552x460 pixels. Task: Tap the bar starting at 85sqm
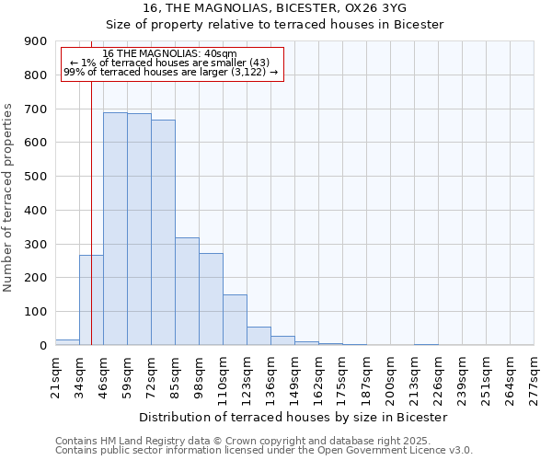pos(187,291)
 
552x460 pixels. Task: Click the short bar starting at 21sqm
pos(67,342)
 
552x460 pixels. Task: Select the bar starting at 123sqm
pos(259,336)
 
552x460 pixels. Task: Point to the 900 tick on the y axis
pos(36,41)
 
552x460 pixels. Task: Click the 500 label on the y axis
pos(36,177)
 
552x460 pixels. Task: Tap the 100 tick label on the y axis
pos(36,312)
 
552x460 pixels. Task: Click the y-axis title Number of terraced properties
pos(9,198)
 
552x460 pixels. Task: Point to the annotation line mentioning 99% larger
pos(170,72)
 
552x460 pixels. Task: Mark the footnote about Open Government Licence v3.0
pos(264,451)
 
